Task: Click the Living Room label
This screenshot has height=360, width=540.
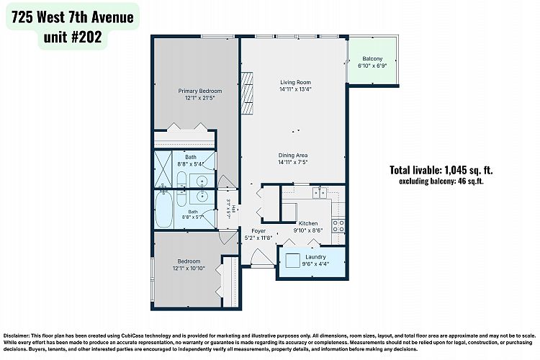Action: [x=295, y=82]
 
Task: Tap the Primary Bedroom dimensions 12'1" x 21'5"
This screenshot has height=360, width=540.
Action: [x=199, y=98]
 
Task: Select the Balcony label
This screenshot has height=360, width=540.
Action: [x=372, y=59]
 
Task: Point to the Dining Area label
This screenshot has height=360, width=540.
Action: [x=293, y=156]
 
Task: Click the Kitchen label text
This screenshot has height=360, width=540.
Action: [x=308, y=224]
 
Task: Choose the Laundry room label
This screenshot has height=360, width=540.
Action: [x=315, y=257]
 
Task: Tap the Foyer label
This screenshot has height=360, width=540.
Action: [x=258, y=231]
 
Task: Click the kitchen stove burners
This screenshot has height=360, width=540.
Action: [x=338, y=226]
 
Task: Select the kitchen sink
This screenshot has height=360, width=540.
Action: [x=320, y=193]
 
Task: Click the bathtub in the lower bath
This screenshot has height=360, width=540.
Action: [x=163, y=210]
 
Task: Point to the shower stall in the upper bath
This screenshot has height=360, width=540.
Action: [x=163, y=169]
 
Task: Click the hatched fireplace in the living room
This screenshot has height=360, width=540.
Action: [x=246, y=93]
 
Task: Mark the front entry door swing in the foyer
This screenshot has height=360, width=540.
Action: [x=262, y=257]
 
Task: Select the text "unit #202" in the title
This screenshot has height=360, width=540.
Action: [x=73, y=37]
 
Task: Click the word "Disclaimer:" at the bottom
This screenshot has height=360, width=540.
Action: [x=17, y=336]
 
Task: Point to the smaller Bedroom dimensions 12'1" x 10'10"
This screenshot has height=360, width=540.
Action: [x=189, y=268]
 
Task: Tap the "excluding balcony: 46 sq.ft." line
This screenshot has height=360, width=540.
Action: [x=441, y=181]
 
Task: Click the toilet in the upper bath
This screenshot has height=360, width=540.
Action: [x=181, y=179]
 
